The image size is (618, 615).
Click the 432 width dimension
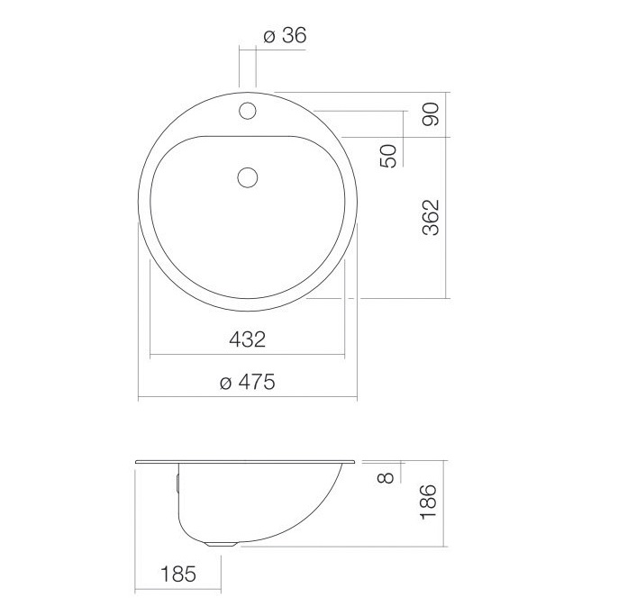click(x=247, y=339)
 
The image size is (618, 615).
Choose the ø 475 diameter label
click(x=247, y=383)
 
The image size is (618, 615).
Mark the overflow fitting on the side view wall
click(x=179, y=482)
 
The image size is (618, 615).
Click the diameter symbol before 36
click(x=269, y=36)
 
